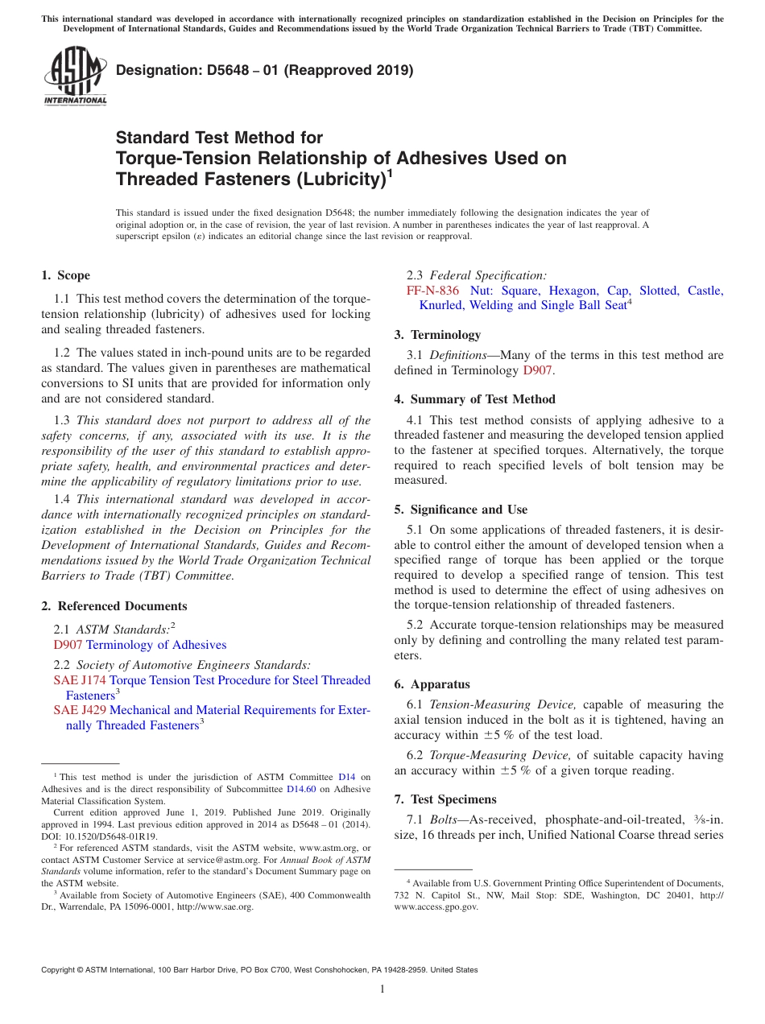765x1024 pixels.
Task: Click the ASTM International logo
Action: [x=75, y=75]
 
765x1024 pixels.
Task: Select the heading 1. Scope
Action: [x=66, y=275]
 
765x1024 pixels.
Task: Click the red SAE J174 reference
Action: [x=80, y=680]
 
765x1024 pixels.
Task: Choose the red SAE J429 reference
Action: [x=80, y=710]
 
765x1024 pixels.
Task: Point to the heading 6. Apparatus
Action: [x=432, y=684]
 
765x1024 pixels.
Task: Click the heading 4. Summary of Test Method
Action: [x=475, y=399]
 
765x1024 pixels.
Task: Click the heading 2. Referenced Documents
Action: [x=114, y=606]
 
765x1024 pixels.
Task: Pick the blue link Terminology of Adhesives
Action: [x=156, y=645]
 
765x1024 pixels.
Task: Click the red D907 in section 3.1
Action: [x=537, y=370]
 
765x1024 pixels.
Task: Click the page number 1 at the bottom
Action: [x=382, y=989]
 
